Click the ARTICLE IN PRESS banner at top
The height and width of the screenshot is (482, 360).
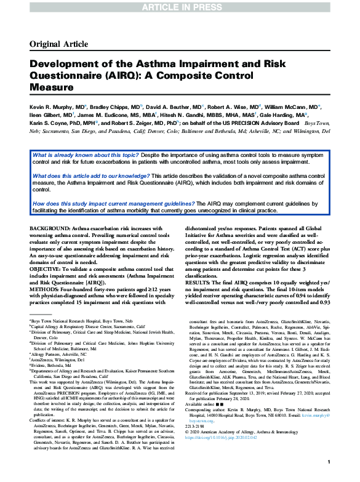click(x=180, y=6)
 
